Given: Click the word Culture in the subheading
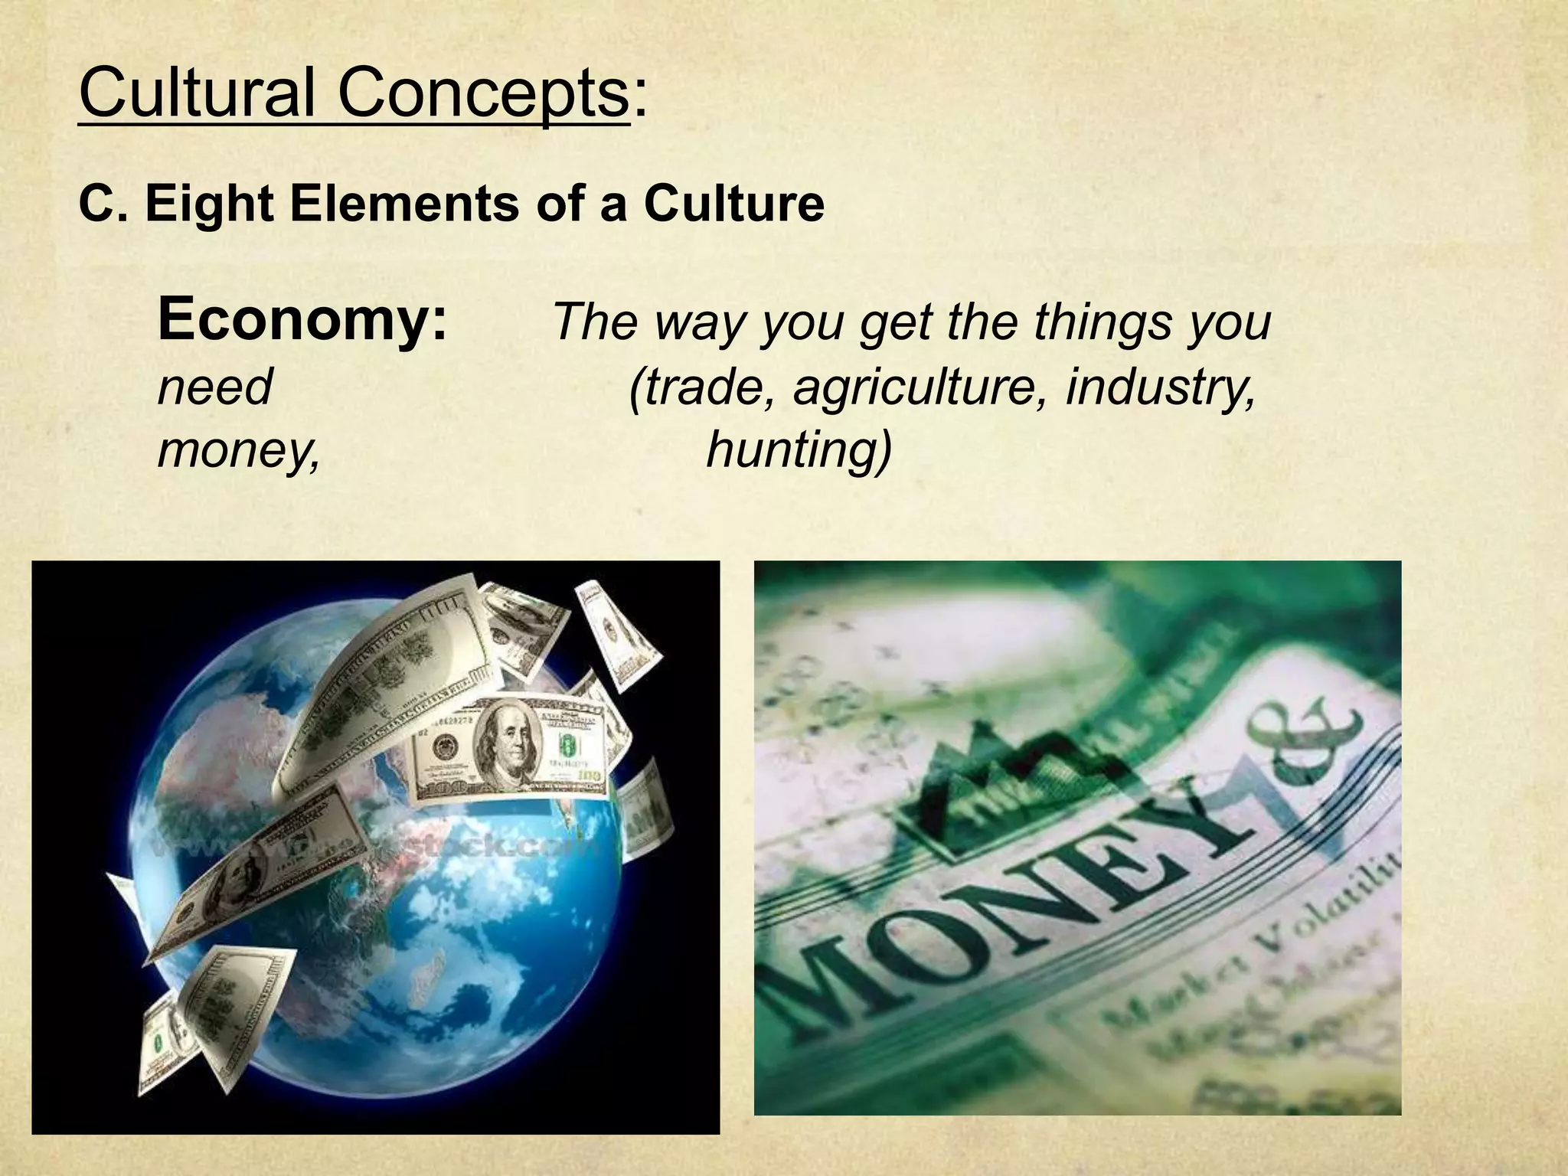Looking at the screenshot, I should click(x=733, y=204).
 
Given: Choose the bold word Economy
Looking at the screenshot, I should click(x=302, y=320).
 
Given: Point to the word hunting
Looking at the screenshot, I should click(x=799, y=449).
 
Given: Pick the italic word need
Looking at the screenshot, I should click(x=214, y=387).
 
